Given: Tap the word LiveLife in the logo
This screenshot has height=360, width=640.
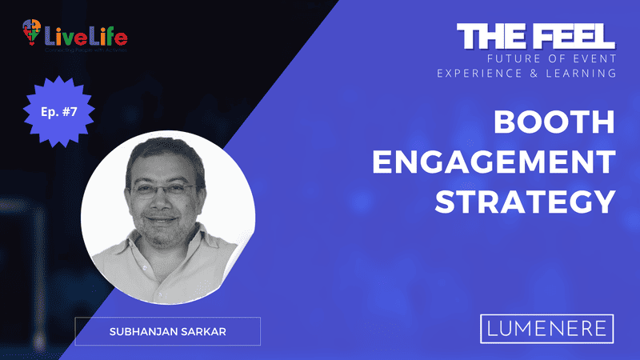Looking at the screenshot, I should tap(85, 36).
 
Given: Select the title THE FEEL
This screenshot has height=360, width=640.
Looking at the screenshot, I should tap(536, 36).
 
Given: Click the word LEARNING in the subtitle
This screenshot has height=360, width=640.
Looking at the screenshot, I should tap(582, 73).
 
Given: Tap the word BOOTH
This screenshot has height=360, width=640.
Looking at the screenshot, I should tap(553, 124).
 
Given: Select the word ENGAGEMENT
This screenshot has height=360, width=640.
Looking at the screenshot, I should tap(494, 162).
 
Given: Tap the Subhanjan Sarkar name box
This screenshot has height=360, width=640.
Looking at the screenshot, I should tap(167, 330).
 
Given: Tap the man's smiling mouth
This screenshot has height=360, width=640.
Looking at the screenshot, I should tap(163, 219).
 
